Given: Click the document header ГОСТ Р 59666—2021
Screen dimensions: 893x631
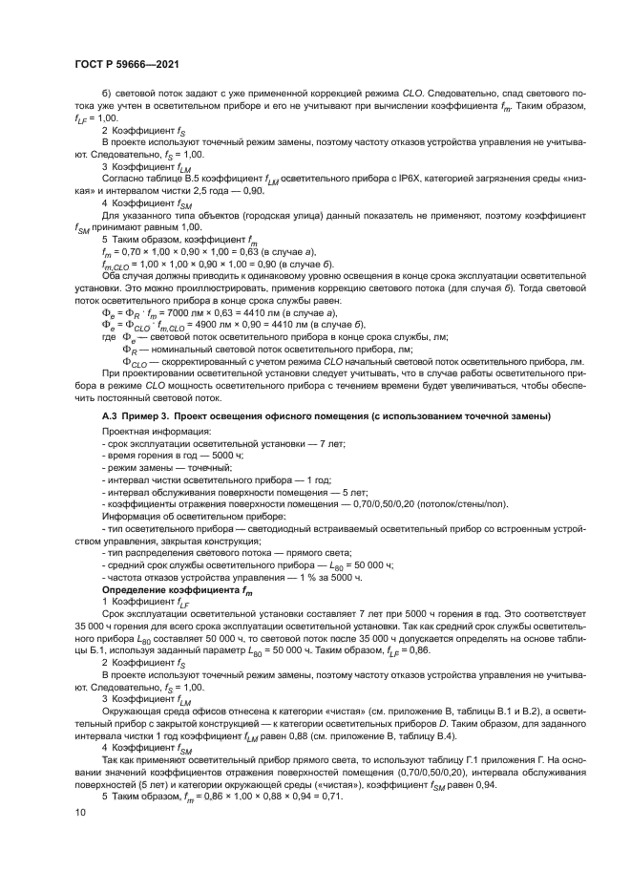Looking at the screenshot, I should point(128,64).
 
